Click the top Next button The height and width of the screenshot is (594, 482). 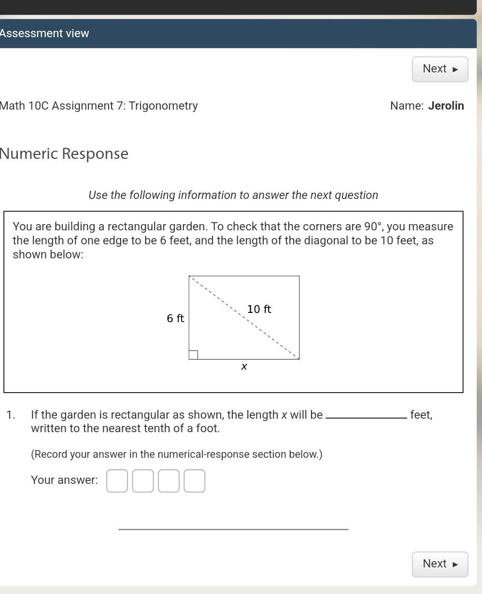(x=439, y=69)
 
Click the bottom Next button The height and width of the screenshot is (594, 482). (x=439, y=564)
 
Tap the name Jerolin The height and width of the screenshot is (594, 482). (x=446, y=106)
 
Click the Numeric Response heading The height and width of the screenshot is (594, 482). (x=64, y=154)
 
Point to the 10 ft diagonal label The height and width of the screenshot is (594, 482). (x=259, y=309)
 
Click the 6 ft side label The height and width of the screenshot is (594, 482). (x=175, y=318)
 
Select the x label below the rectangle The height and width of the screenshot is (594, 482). (x=244, y=367)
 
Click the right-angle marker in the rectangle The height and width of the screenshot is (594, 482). (x=193, y=355)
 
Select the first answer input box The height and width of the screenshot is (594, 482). (x=117, y=481)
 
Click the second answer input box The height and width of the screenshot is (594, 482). (x=143, y=481)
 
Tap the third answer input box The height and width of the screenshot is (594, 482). (x=169, y=481)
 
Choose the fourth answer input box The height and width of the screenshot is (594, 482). (x=195, y=481)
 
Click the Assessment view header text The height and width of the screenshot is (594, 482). (x=44, y=33)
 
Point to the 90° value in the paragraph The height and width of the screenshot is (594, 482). (x=372, y=226)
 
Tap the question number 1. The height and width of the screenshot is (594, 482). (x=10, y=415)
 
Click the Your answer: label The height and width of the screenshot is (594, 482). (x=64, y=480)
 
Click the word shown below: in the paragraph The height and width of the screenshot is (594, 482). (x=48, y=255)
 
